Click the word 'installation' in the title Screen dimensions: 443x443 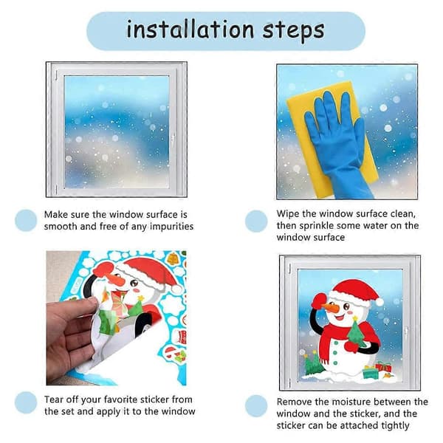point(190,30)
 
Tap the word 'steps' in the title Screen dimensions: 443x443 point(294,32)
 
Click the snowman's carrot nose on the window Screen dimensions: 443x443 point(331,307)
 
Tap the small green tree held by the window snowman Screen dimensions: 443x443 point(356,332)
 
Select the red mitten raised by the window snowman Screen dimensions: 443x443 point(318,302)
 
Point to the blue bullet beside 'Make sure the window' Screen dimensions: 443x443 point(26,220)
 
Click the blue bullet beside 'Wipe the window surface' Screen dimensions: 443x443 point(256,221)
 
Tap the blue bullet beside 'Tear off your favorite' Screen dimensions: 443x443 point(26,402)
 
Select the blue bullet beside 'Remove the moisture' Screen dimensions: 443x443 point(256,406)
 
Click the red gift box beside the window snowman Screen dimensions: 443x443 point(383,367)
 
